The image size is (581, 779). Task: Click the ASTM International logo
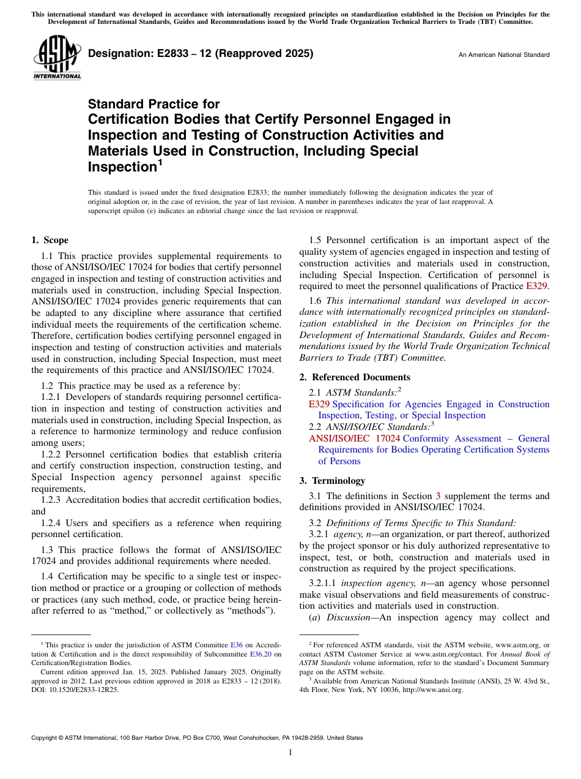pyautogui.click(x=57, y=59)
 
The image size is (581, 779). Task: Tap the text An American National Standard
pyautogui.click(x=504, y=55)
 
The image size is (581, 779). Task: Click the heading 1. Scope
pyautogui.click(x=50, y=240)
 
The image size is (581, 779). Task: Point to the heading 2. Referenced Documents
pyautogui.click(x=355, y=377)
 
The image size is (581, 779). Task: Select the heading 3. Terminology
pyautogui.click(x=338, y=481)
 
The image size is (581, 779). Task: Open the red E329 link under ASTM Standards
pyautogui.click(x=319, y=404)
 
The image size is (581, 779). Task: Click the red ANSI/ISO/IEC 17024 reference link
pyautogui.click(x=354, y=438)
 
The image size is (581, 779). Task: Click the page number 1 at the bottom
pyautogui.click(x=290, y=753)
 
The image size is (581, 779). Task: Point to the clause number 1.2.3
pyautogui.click(x=52, y=500)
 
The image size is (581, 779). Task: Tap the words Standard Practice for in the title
pyautogui.click(x=154, y=104)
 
